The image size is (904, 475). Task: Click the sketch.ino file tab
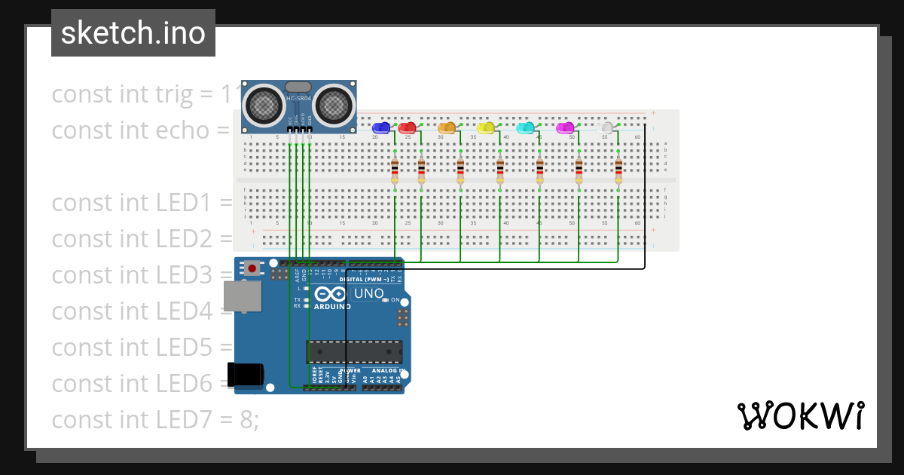pos(133,33)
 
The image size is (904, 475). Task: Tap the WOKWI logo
pos(800,416)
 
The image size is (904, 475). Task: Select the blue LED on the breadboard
pos(381,128)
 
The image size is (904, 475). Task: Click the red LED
pos(407,128)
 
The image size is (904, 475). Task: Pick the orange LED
pos(447,128)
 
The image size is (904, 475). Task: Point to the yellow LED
pos(486,128)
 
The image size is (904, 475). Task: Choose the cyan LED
pos(525,128)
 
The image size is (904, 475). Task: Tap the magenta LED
pos(564,128)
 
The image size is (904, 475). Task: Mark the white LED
pos(604,128)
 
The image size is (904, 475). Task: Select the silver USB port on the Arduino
pos(243,296)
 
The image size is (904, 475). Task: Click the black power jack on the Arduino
pos(246,374)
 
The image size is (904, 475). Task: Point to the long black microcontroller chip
pos(354,352)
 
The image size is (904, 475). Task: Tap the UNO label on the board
pos(368,294)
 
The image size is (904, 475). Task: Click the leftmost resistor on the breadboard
pos(395,171)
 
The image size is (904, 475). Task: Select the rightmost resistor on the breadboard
pos(618,171)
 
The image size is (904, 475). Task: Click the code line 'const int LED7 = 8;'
pos(154,419)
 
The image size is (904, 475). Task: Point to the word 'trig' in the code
pos(174,94)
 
